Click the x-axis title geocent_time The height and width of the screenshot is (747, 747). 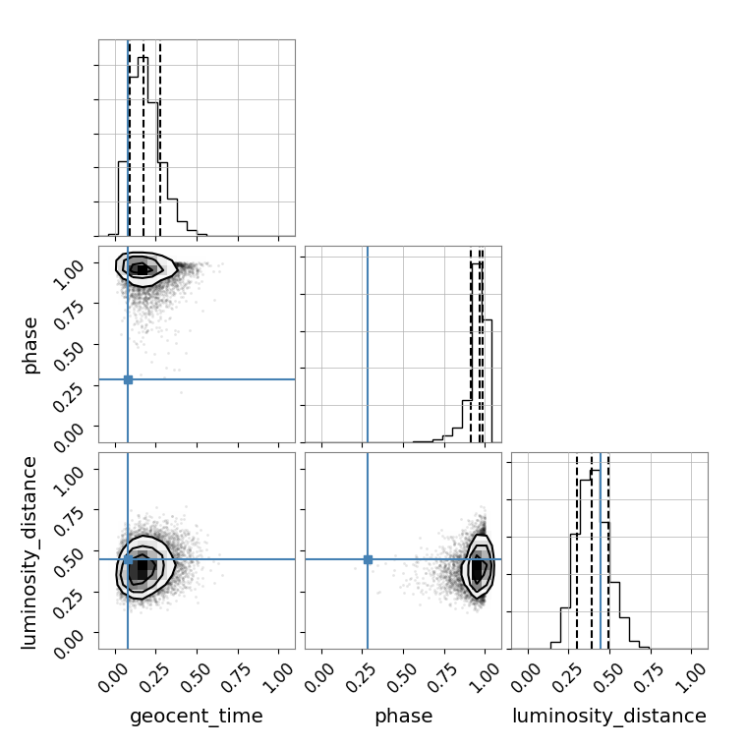(197, 716)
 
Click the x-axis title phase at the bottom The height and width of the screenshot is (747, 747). (404, 716)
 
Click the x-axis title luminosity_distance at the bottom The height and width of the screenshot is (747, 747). (609, 716)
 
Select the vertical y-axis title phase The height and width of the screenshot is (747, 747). (30, 345)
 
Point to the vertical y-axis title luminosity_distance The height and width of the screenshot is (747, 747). (29, 552)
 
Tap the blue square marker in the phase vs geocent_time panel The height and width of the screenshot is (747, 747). (128, 379)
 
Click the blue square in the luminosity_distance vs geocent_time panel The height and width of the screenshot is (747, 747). (128, 559)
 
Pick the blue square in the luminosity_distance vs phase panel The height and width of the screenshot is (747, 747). (368, 559)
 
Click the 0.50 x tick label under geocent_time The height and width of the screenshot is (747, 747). (196, 677)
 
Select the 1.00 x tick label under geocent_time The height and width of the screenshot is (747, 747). (278, 677)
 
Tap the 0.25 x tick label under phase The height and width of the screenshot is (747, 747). (360, 677)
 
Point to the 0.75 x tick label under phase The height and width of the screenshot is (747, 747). (442, 677)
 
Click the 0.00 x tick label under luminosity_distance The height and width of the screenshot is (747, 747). (526, 677)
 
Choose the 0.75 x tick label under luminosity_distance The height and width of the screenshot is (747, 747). (649, 677)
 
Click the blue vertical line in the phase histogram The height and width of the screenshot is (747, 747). (368, 344)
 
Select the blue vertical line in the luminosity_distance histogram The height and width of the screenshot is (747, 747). (601, 550)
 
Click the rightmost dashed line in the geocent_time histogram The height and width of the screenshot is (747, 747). (160, 139)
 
